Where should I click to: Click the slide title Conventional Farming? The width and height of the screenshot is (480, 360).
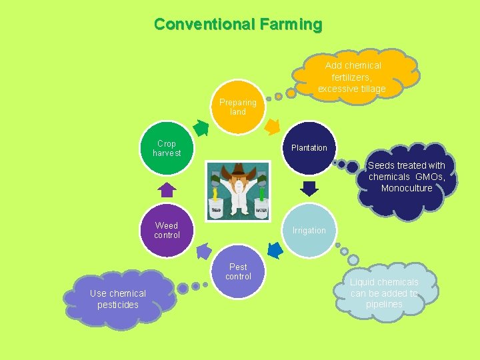point(238,25)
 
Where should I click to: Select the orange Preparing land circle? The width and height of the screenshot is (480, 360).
point(238,107)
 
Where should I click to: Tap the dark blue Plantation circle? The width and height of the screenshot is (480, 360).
point(309,147)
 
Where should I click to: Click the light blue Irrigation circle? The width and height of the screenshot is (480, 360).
point(309,230)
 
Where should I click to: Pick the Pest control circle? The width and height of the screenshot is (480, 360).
point(238,271)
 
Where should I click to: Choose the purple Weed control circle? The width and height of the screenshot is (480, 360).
point(167,230)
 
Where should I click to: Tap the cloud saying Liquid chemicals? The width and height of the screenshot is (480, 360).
point(385,292)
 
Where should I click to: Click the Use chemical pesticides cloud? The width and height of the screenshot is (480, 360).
point(118,299)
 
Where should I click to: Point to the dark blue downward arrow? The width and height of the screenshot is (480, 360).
point(309,189)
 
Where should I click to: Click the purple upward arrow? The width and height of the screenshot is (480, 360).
point(167,190)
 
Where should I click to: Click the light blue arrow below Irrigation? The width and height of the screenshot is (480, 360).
point(273,249)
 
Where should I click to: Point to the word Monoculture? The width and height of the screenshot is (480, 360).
point(407,188)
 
